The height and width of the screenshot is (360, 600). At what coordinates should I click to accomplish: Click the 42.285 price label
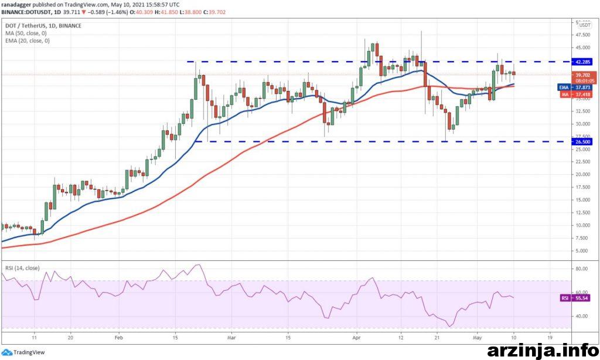582,61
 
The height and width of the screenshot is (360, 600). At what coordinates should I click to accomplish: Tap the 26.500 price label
582,141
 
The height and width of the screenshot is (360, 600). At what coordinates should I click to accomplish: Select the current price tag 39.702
582,75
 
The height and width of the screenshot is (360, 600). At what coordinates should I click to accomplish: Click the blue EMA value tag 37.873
582,87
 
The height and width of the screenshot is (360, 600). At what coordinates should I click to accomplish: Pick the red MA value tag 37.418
582,94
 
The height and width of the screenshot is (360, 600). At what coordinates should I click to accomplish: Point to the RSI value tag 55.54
582,298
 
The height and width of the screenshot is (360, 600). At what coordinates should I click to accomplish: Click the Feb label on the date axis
118,338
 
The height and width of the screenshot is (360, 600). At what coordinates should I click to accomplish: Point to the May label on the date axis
476,338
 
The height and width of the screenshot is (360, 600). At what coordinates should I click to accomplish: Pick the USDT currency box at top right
584,25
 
